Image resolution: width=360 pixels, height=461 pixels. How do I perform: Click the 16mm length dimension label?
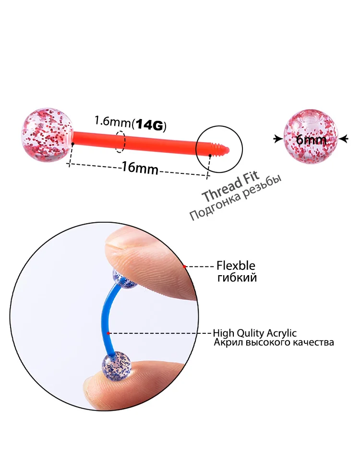click(140, 168)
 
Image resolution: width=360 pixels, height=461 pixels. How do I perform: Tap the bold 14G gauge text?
click(150, 126)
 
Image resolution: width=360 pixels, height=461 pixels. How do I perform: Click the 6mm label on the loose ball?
click(311, 140)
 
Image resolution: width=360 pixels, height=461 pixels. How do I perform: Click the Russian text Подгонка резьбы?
click(235, 201)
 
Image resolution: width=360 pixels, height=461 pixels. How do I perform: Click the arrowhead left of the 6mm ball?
click(277, 139)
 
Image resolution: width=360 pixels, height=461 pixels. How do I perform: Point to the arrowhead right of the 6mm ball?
click(344, 139)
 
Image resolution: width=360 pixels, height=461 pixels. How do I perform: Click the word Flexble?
click(236, 266)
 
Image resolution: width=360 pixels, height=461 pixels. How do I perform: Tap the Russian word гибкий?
click(236, 278)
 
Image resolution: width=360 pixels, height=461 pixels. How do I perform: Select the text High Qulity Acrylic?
click(254, 333)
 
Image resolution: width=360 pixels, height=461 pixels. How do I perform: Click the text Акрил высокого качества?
click(273, 342)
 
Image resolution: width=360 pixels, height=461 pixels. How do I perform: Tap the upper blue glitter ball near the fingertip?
click(124, 280)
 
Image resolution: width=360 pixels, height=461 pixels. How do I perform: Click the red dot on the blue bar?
click(109, 333)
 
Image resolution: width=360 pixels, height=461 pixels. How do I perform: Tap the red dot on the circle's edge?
click(184, 266)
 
